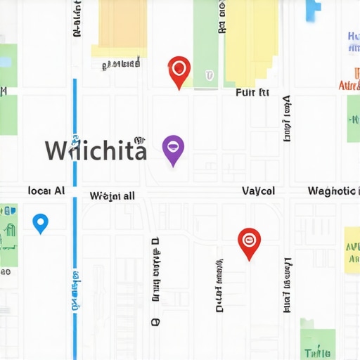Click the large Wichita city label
tap(96, 150)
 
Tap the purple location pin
tap(173, 148)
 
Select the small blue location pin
tap(41, 223)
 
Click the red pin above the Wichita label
tap(180, 70)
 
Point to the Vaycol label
tap(258, 191)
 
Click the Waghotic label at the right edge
tap(332, 191)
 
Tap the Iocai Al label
tap(46, 191)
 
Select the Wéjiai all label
tap(112, 196)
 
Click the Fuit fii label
tap(252, 92)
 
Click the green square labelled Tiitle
tap(317, 340)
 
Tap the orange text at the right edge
tap(349, 86)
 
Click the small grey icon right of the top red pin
tap(209, 75)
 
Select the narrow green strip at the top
tap(205, 42)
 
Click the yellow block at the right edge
tap(352, 249)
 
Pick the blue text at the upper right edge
tap(353, 41)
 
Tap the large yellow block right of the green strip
tap(251, 35)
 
